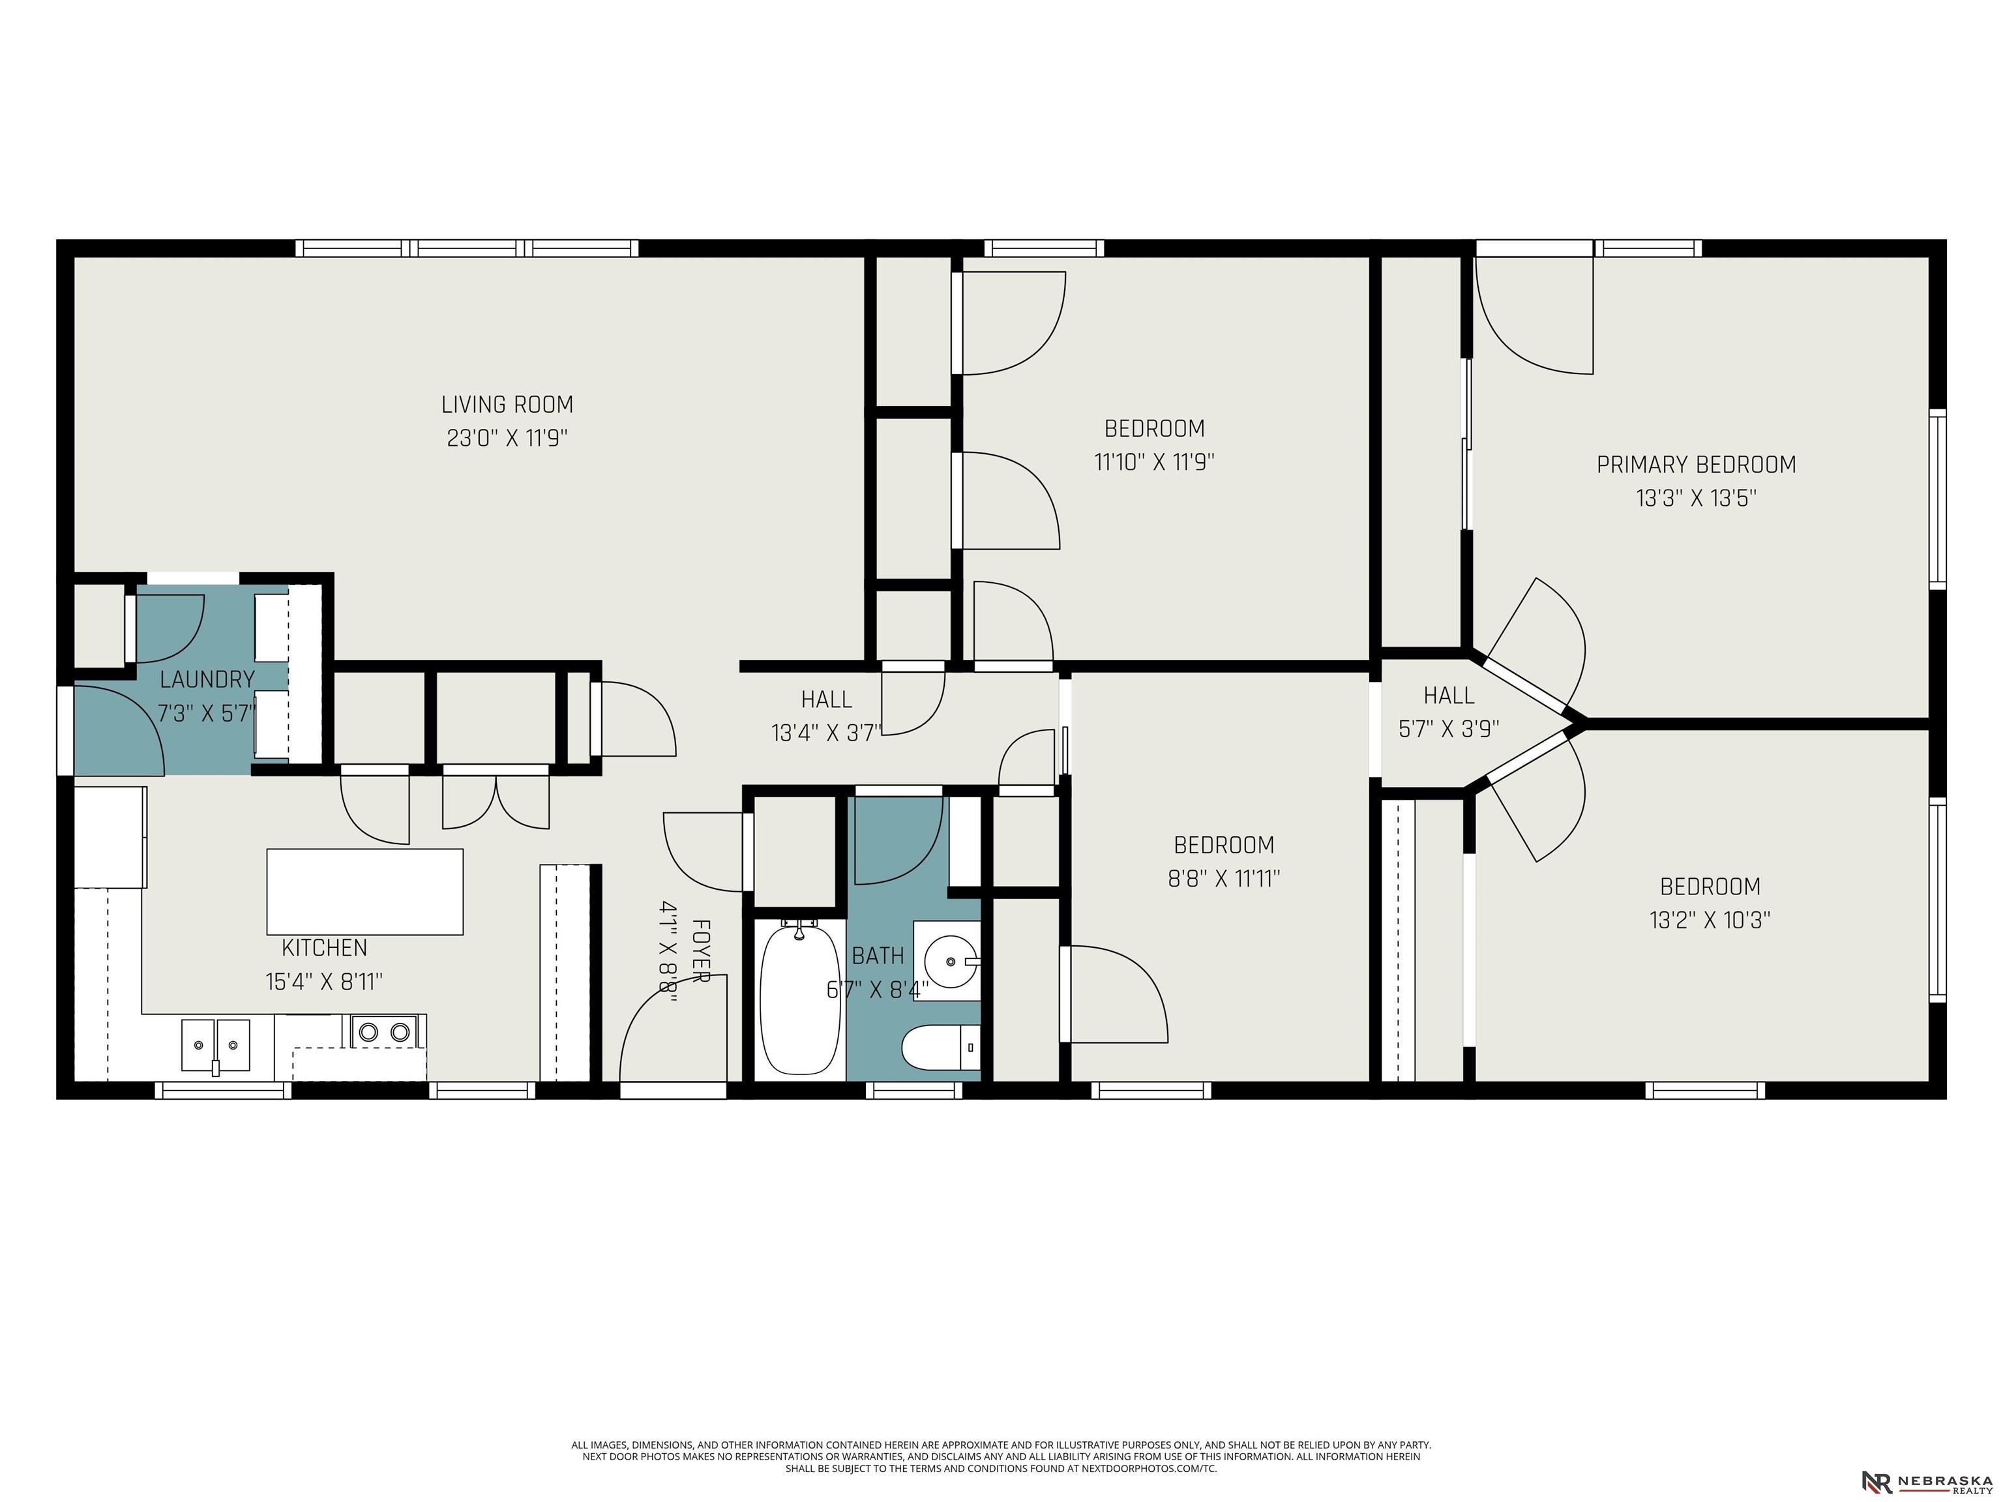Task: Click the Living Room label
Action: point(507,405)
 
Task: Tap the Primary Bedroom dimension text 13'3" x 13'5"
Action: point(1696,498)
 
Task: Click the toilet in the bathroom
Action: point(941,1048)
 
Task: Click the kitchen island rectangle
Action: point(365,892)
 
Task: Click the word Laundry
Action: point(207,680)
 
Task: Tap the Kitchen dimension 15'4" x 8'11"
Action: point(324,981)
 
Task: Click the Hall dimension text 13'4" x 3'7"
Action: point(827,733)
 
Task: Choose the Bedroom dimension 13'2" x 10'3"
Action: point(1710,920)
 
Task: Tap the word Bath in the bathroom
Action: point(878,955)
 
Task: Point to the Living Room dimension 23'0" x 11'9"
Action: point(507,438)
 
